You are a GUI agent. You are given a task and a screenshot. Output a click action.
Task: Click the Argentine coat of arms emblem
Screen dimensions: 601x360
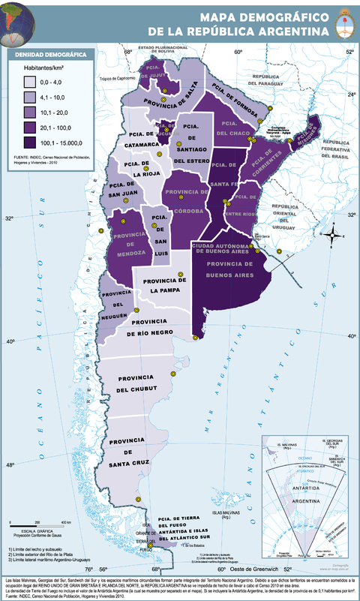[x=344, y=21]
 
